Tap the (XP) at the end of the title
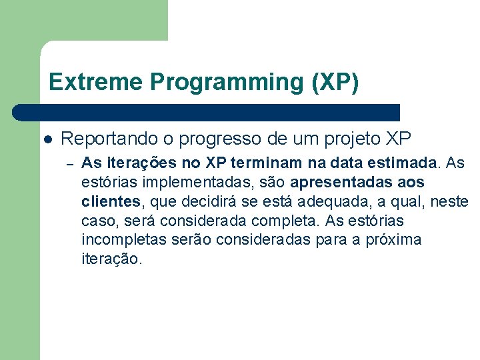point(335,82)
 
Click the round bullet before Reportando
point(47,139)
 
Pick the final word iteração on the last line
point(111,259)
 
